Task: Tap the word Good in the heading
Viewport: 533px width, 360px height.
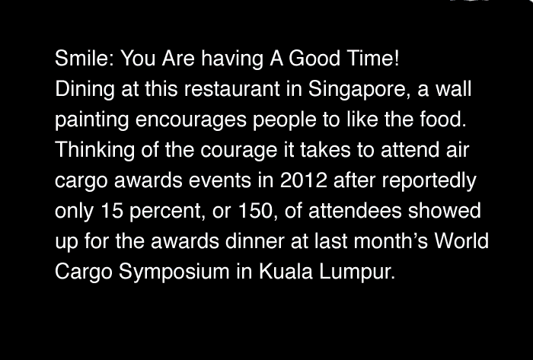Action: point(314,58)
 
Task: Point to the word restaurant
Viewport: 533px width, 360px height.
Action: point(231,89)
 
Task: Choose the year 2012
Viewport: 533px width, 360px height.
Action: point(304,180)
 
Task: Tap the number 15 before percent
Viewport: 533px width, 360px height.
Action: point(112,211)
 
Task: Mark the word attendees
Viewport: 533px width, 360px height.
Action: point(355,211)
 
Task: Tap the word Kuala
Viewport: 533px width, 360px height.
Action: point(286,272)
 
